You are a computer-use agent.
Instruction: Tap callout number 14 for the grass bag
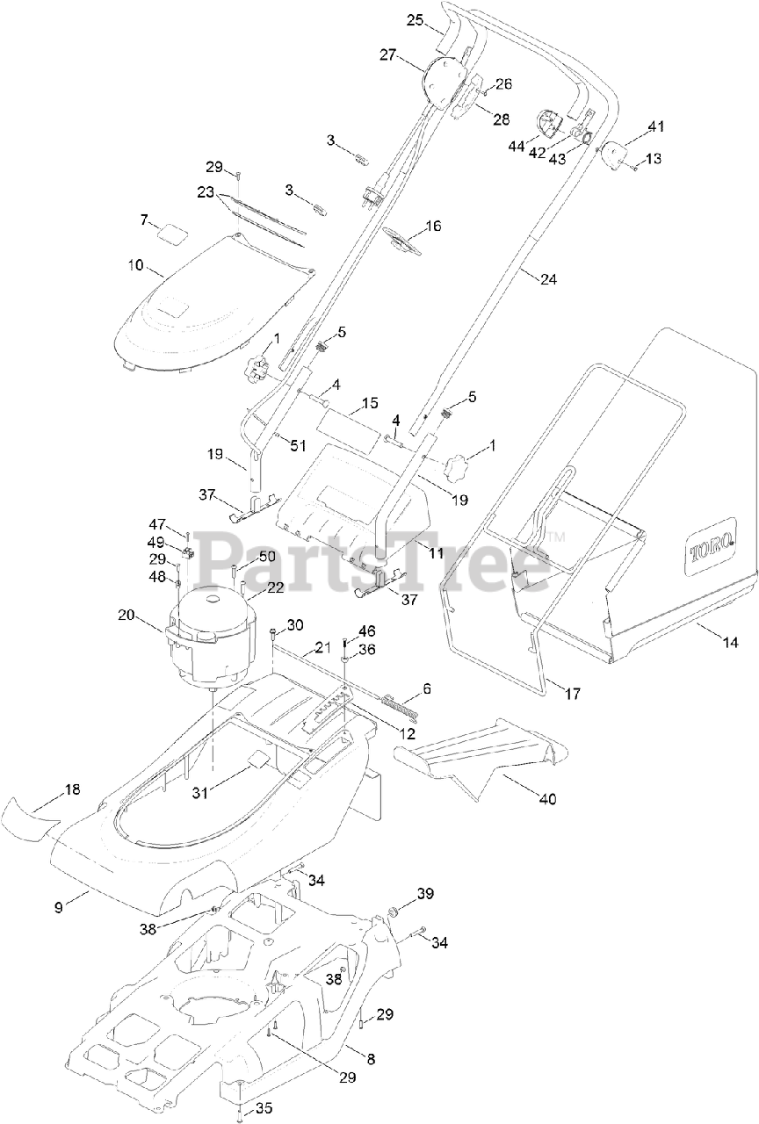coord(730,641)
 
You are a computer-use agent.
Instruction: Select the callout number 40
coord(547,798)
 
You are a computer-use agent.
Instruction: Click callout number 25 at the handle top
coord(416,19)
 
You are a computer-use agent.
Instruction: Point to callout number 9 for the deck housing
coord(59,907)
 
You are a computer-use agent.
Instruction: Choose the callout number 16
coord(433,227)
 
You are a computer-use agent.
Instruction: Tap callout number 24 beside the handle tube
coord(548,280)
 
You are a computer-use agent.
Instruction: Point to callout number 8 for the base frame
coord(371,1060)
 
